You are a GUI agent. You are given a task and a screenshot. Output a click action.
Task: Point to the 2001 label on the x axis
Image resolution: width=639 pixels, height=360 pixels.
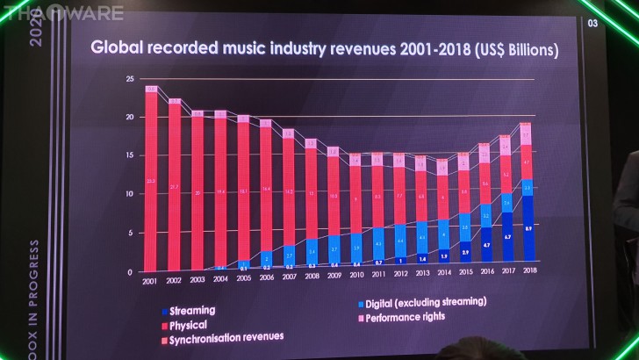coord(149,280)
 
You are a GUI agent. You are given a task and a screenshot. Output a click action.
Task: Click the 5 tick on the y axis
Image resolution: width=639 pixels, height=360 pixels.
coord(131,232)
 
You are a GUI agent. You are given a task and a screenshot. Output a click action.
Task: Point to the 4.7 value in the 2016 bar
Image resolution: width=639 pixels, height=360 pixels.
coord(485,245)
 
